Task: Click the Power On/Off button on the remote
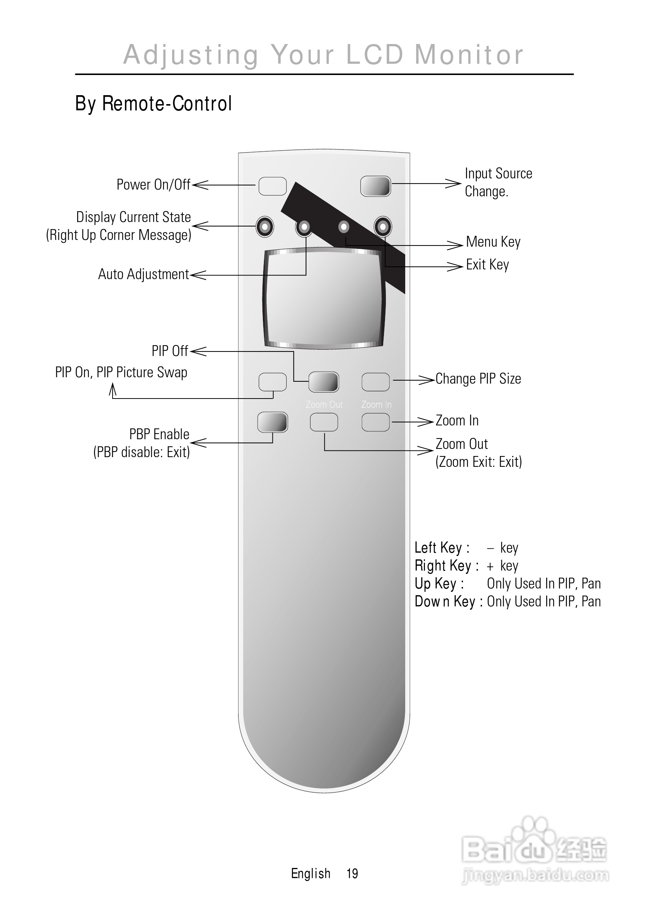272,186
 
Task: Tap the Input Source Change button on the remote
375,186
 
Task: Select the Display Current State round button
265,227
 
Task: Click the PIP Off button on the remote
324,382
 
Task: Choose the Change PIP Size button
375,382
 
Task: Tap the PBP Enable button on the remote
272,422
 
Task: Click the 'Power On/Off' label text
154,185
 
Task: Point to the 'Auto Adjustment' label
144,274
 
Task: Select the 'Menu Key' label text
493,242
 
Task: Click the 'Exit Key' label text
487,265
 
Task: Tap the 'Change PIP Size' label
478,379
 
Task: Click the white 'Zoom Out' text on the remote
324,405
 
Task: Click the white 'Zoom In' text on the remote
376,405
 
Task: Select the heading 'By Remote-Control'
154,104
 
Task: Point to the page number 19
352,873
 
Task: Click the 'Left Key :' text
442,547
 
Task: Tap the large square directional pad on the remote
324,299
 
